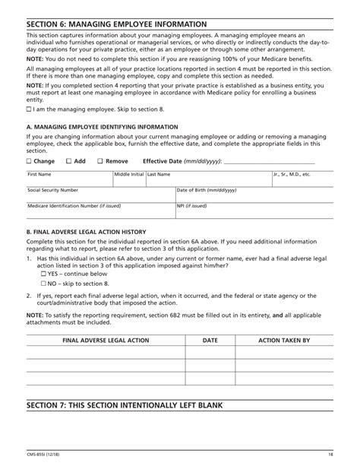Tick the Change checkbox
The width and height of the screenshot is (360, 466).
(29, 162)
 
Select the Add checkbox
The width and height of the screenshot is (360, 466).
(69, 162)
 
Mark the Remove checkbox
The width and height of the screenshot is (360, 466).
(101, 162)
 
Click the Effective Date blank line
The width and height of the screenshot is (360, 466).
(277, 162)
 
